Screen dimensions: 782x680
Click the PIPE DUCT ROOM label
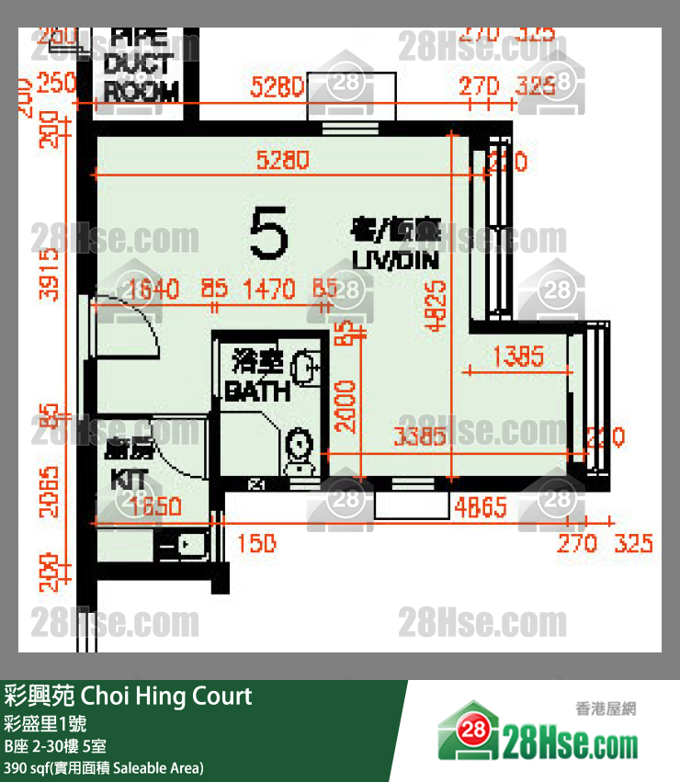141,64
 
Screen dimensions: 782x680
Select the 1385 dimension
518,356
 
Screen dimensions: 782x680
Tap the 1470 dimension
269,290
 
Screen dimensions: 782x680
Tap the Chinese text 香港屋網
606,708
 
